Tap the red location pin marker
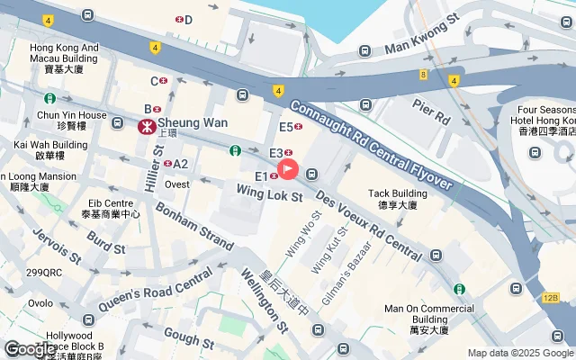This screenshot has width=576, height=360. click(x=288, y=168)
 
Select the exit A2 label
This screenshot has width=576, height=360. click(x=180, y=164)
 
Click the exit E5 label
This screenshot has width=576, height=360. click(x=286, y=128)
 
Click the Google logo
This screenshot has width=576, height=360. click(x=29, y=349)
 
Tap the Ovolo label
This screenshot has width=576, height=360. click(x=40, y=303)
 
